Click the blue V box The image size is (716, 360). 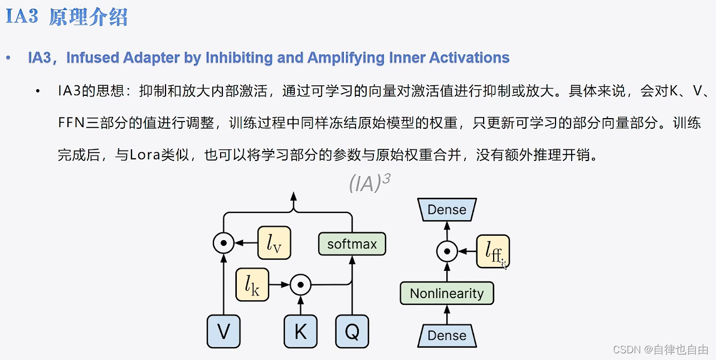click(x=223, y=332)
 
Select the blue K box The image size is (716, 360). click(x=300, y=332)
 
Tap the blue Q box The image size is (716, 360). click(x=352, y=332)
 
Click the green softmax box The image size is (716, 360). click(x=352, y=244)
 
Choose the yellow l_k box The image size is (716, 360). click(x=252, y=285)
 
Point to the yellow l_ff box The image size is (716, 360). click(x=493, y=252)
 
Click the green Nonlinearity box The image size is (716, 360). click(x=447, y=293)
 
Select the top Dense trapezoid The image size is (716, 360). click(x=447, y=210)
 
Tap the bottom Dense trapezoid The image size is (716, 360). click(x=447, y=335)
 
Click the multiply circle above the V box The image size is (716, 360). click(x=223, y=243)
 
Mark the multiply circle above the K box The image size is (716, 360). click(x=300, y=285)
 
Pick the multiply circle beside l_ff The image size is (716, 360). click(x=446, y=252)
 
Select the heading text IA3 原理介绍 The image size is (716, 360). click(x=67, y=17)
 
